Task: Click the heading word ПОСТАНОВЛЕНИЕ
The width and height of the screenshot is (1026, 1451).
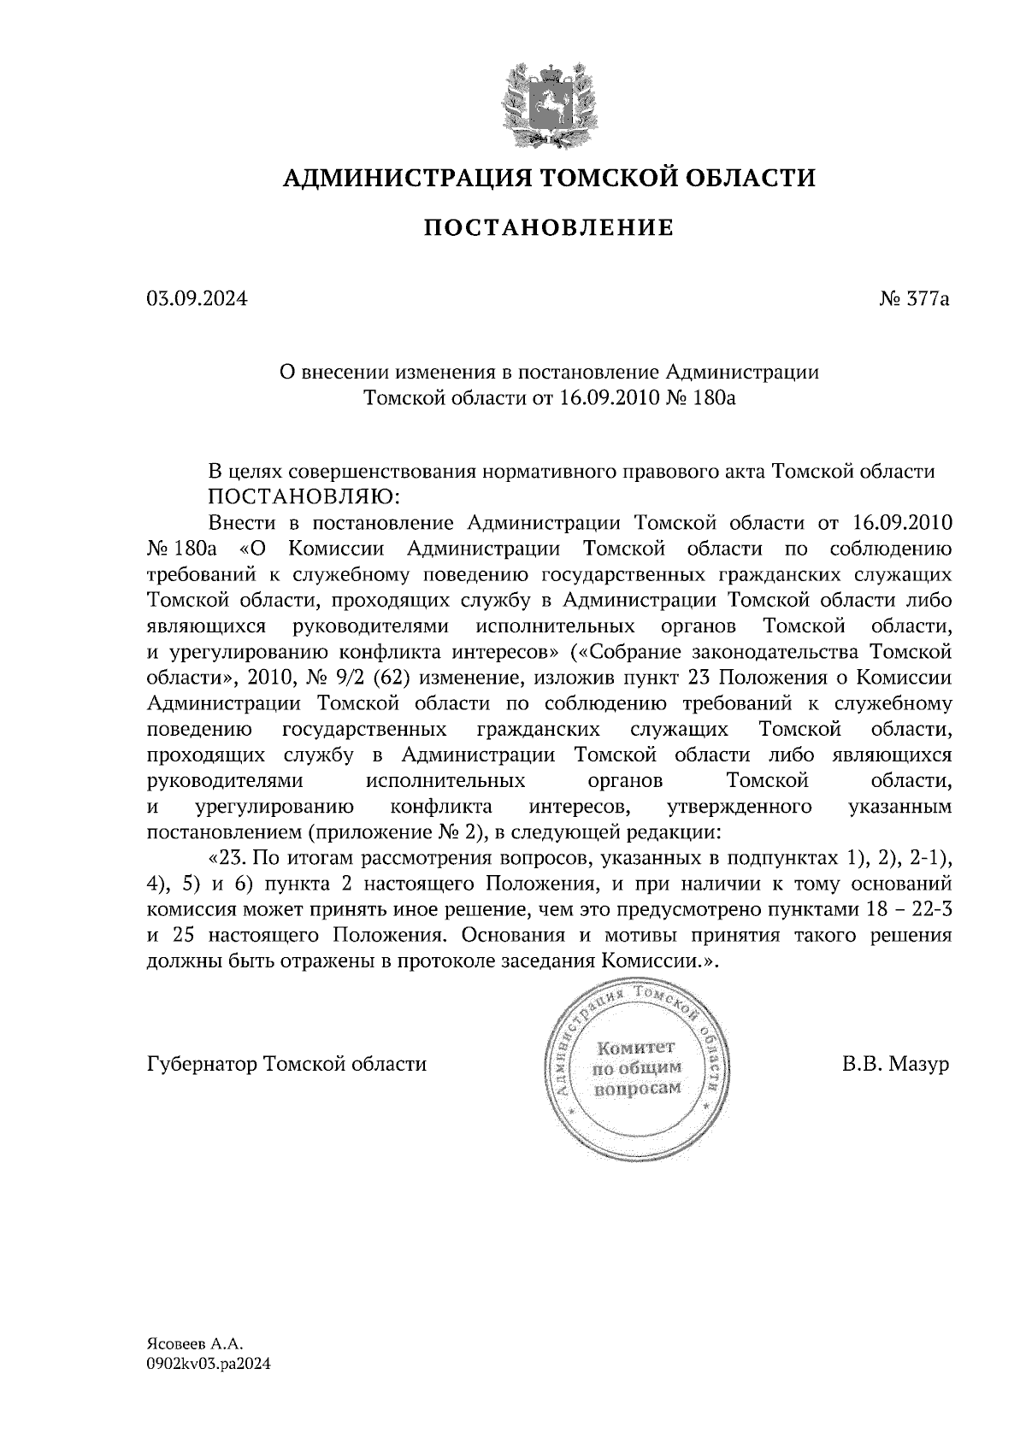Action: (550, 228)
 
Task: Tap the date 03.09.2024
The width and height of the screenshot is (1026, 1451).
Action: (197, 300)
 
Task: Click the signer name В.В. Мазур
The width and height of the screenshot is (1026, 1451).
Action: (895, 1065)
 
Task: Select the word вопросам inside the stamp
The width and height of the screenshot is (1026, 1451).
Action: (637, 1088)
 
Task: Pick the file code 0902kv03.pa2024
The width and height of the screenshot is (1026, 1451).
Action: (209, 1365)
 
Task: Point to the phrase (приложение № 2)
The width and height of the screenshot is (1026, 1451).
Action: (398, 831)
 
